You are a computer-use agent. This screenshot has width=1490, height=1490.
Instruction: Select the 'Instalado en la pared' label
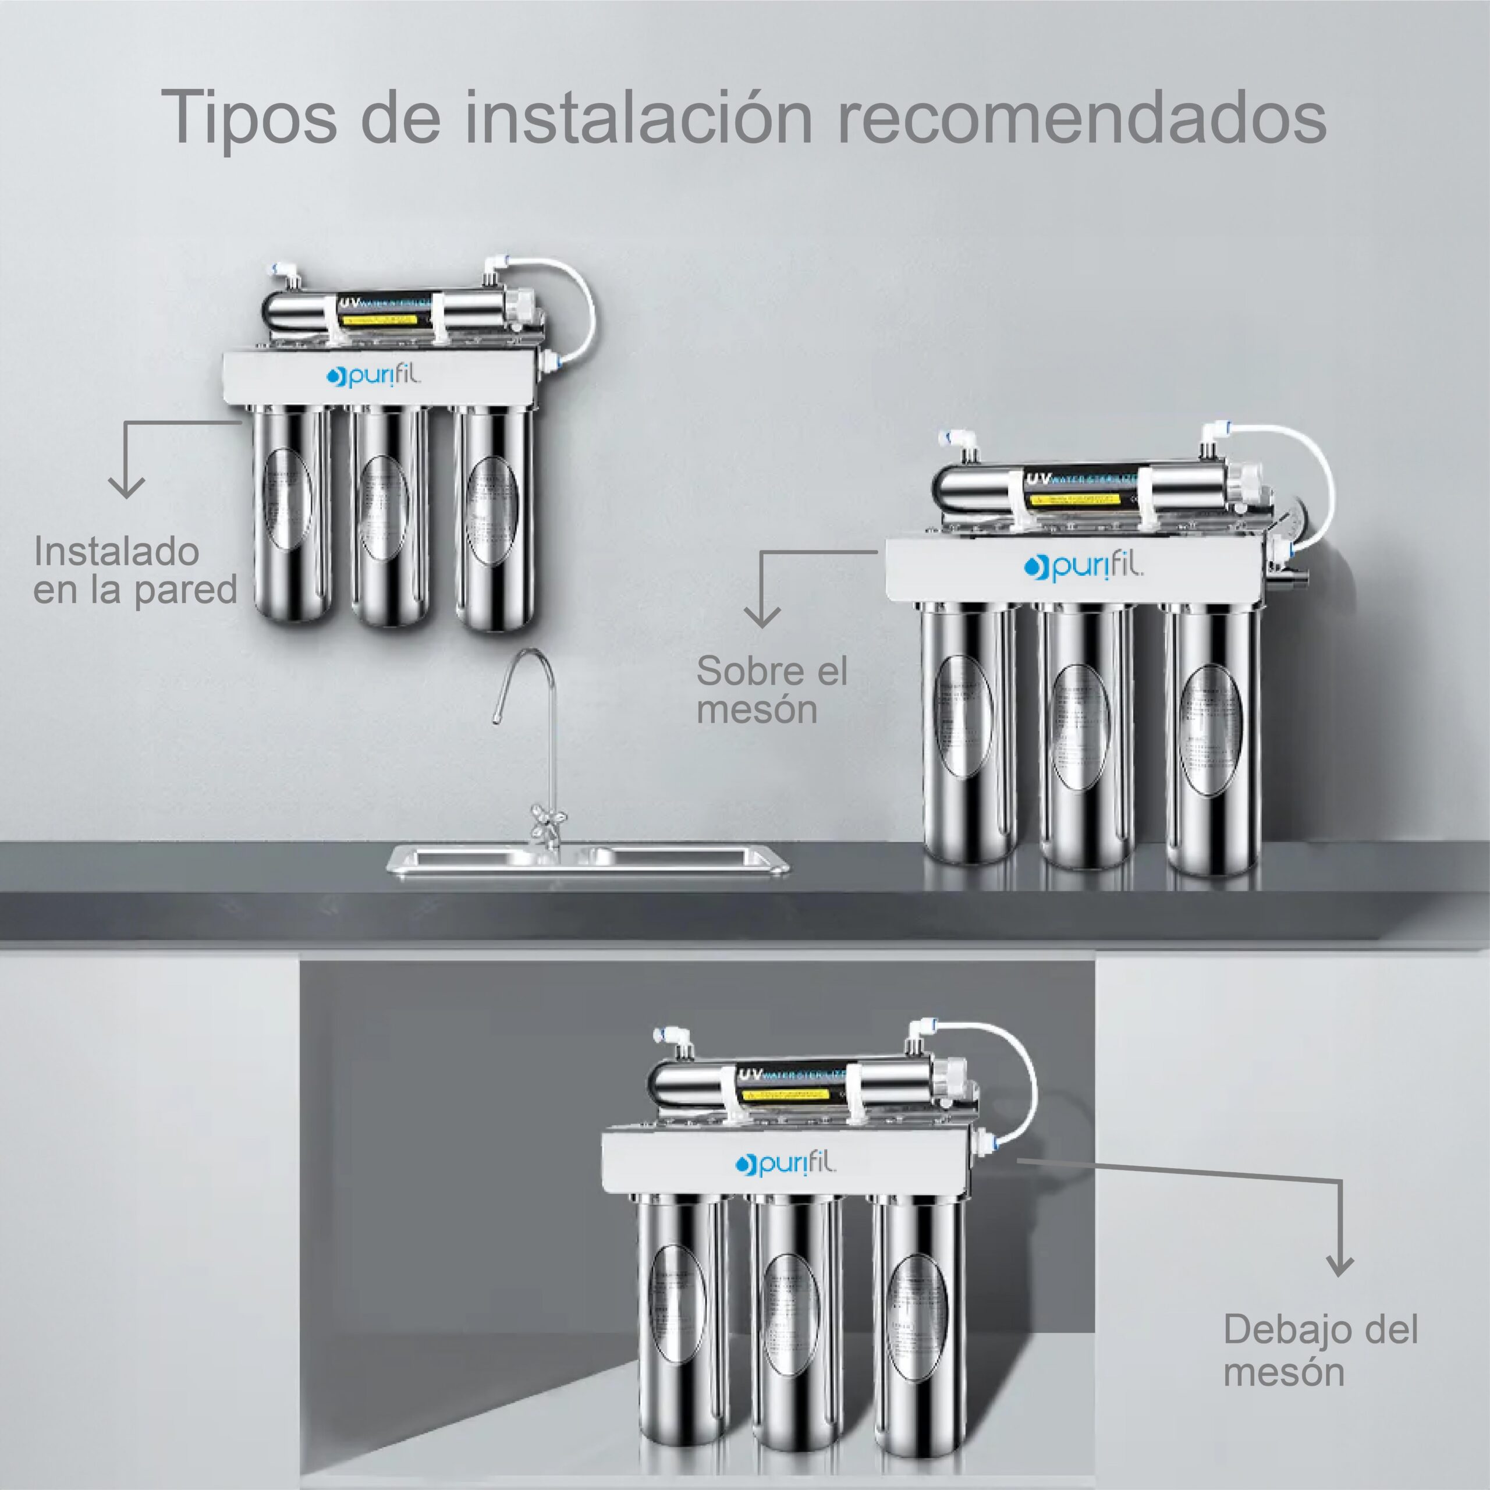pyautogui.click(x=135, y=571)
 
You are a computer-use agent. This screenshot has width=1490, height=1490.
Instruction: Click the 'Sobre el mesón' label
pyautogui.click(x=771, y=690)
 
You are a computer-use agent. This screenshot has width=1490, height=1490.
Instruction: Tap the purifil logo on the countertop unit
pyautogui.click(x=1084, y=567)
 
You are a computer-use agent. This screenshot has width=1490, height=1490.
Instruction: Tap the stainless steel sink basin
pyautogui.click(x=586, y=857)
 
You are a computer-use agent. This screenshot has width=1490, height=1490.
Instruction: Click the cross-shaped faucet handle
pyautogui.click(x=548, y=813)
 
